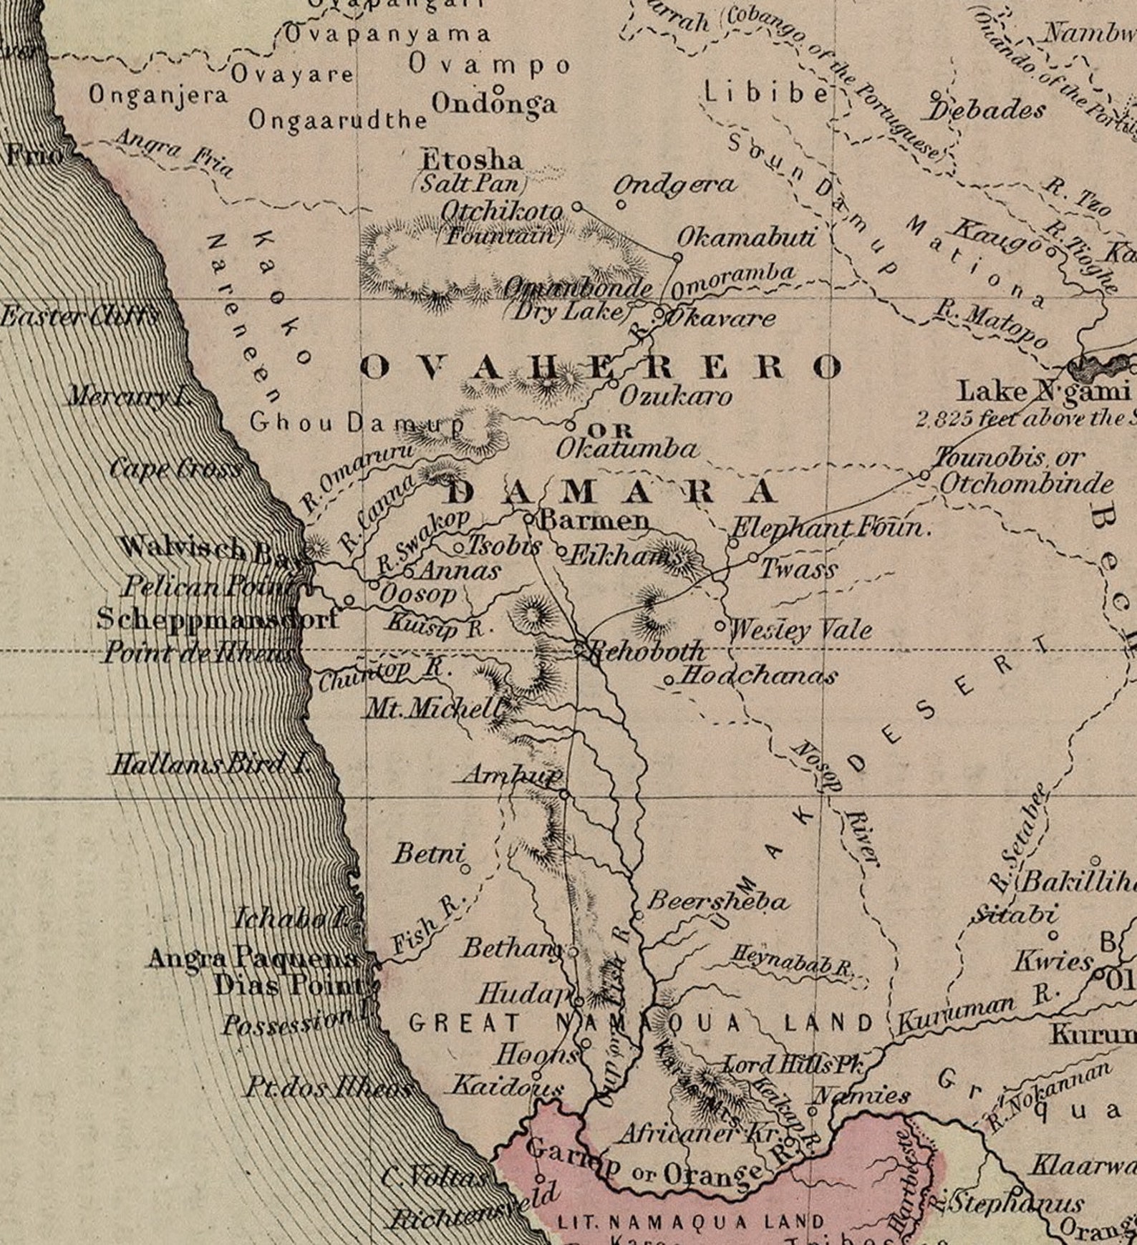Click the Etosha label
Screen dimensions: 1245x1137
471,160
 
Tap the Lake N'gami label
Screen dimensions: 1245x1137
1043,392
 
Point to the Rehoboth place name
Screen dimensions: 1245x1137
647,651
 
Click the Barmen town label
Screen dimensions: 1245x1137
594,520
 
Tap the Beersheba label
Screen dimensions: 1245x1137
716,901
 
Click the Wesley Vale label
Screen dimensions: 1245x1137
800,630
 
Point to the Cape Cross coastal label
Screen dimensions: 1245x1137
175,470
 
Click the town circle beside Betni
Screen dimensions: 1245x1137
465,870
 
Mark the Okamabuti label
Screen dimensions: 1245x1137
745,237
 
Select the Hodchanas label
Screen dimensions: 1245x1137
757,675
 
